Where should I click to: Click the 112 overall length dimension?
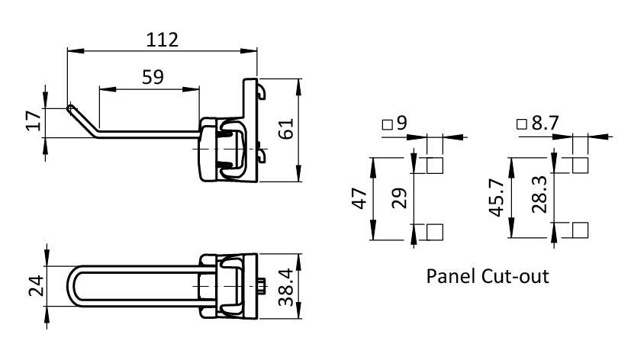click(162, 40)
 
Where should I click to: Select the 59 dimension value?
click(153, 77)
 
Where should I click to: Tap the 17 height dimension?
click(34, 120)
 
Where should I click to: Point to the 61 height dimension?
click(287, 129)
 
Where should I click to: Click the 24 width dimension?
click(36, 285)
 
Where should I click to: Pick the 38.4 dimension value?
click(287, 288)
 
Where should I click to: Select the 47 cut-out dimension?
click(360, 198)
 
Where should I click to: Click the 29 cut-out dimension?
click(400, 198)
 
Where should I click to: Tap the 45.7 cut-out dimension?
click(497, 198)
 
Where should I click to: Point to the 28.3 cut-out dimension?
click(539, 194)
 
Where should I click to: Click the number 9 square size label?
click(401, 123)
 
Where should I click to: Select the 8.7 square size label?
click(546, 123)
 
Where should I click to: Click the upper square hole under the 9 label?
click(435, 166)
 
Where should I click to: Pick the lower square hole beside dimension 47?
click(435, 232)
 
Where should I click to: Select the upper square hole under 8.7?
click(580, 166)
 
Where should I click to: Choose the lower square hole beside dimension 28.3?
click(580, 230)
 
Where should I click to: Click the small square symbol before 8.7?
click(522, 124)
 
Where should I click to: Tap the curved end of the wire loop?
click(71, 286)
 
